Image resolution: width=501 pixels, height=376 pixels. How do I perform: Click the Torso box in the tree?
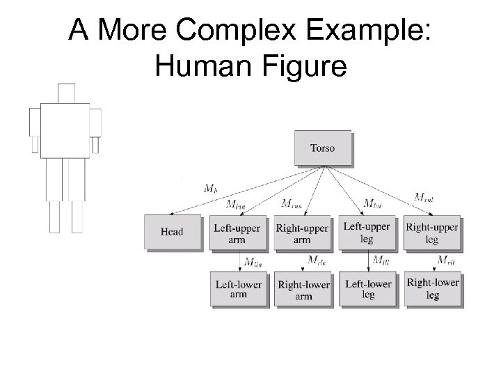pos(323,148)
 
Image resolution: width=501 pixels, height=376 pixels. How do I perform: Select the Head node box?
pos(171,232)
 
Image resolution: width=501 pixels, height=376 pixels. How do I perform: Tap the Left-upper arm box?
pos(237,232)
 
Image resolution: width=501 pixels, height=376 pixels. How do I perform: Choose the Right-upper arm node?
pos(302,232)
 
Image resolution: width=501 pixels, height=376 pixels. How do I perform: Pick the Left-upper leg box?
pos(367,232)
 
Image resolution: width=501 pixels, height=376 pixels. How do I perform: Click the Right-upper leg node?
pos(431,232)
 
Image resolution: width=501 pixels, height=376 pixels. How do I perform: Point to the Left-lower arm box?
pos(237,289)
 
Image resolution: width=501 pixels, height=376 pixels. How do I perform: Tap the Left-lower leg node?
pos(367,289)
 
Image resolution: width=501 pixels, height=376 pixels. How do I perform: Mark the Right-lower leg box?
pos(432,289)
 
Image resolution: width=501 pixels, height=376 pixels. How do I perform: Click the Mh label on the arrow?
pos(211,188)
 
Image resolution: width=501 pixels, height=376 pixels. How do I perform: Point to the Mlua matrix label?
pos(237,204)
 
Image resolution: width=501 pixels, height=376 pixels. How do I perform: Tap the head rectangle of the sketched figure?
pos(66,93)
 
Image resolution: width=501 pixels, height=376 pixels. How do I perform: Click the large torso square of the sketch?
pos(65,130)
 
